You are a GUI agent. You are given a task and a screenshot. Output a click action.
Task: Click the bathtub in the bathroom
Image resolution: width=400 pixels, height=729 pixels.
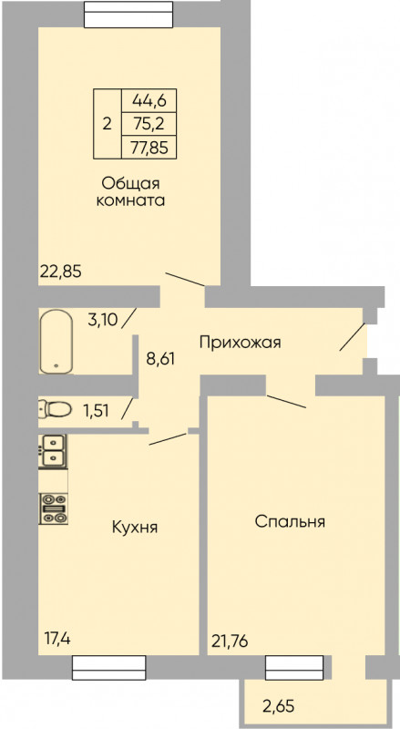(x=56, y=341)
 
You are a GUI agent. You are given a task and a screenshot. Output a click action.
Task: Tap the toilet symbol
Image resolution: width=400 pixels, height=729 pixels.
(x=56, y=409)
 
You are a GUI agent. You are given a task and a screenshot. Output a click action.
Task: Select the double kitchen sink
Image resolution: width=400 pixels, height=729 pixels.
(x=53, y=451)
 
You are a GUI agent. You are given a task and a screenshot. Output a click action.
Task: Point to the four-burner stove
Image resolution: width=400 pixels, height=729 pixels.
(x=54, y=508)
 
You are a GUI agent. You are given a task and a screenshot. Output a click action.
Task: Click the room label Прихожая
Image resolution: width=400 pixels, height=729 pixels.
(x=240, y=344)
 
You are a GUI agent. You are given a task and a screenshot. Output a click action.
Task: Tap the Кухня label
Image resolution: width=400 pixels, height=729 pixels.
(x=135, y=528)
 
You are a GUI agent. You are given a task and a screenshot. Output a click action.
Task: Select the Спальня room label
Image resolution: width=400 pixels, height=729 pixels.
(x=290, y=521)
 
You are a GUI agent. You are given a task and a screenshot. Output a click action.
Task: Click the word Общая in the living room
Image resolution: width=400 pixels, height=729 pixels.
(x=130, y=183)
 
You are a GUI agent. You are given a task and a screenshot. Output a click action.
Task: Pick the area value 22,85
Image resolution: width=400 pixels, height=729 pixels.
(x=61, y=271)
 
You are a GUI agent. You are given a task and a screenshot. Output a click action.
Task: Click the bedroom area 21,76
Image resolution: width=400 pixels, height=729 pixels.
(x=230, y=642)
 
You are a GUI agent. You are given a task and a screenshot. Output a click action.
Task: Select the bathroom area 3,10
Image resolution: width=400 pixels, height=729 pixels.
(x=102, y=320)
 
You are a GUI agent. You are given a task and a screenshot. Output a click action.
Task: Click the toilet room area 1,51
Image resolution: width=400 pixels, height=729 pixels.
(x=95, y=411)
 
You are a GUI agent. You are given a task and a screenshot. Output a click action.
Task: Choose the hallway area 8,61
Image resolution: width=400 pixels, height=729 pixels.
(x=160, y=359)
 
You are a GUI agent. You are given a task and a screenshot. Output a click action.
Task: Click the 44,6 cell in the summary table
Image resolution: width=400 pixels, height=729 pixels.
(x=149, y=99)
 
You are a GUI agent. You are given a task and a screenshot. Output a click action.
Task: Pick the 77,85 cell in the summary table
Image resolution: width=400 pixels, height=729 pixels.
(x=149, y=148)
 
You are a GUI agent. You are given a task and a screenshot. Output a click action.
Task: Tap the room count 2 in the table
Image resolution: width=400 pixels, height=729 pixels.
(x=107, y=124)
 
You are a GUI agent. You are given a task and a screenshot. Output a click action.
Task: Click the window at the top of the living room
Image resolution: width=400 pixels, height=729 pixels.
(x=128, y=14)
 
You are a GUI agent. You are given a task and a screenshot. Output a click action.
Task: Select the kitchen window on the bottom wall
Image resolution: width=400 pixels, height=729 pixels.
(x=108, y=668)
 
